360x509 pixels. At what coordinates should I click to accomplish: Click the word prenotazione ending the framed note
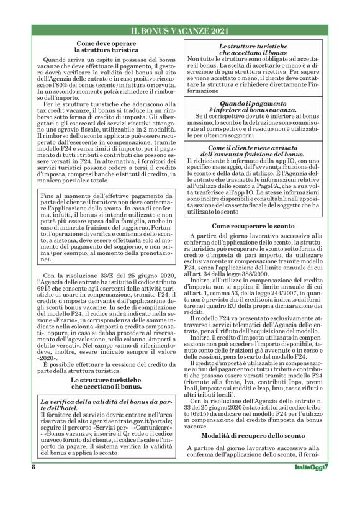pyautogui.click(x=133, y=254)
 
